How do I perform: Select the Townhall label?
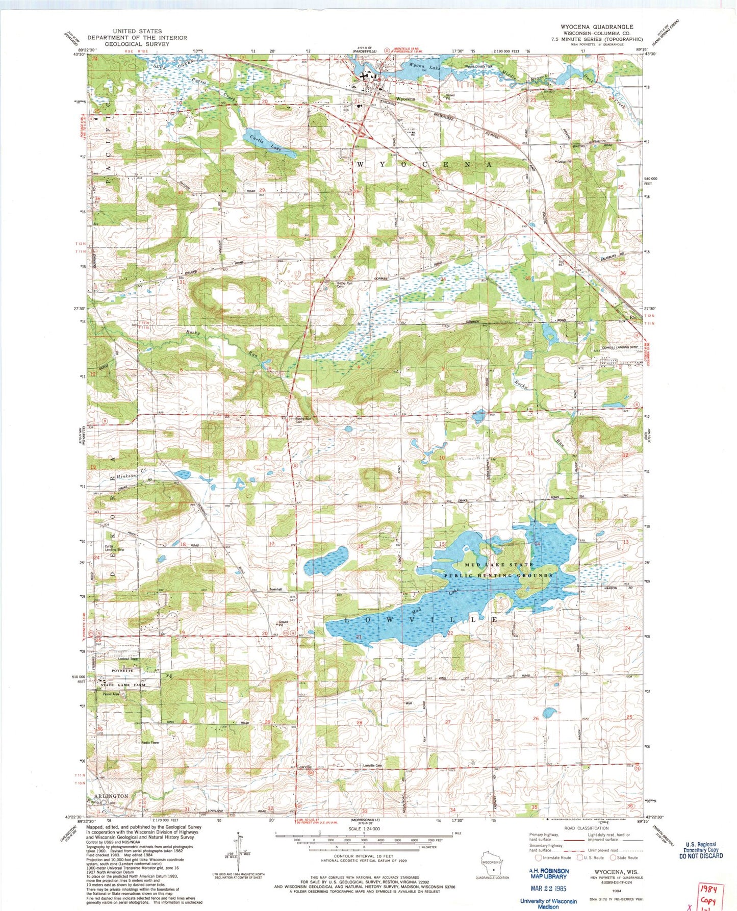pos(276,590)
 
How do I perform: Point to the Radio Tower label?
pos(151,742)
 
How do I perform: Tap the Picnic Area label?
pos(111,694)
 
